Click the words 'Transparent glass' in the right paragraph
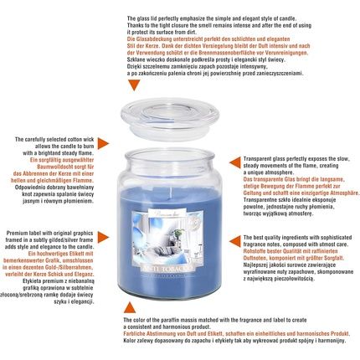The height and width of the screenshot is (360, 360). click(x=271, y=157)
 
